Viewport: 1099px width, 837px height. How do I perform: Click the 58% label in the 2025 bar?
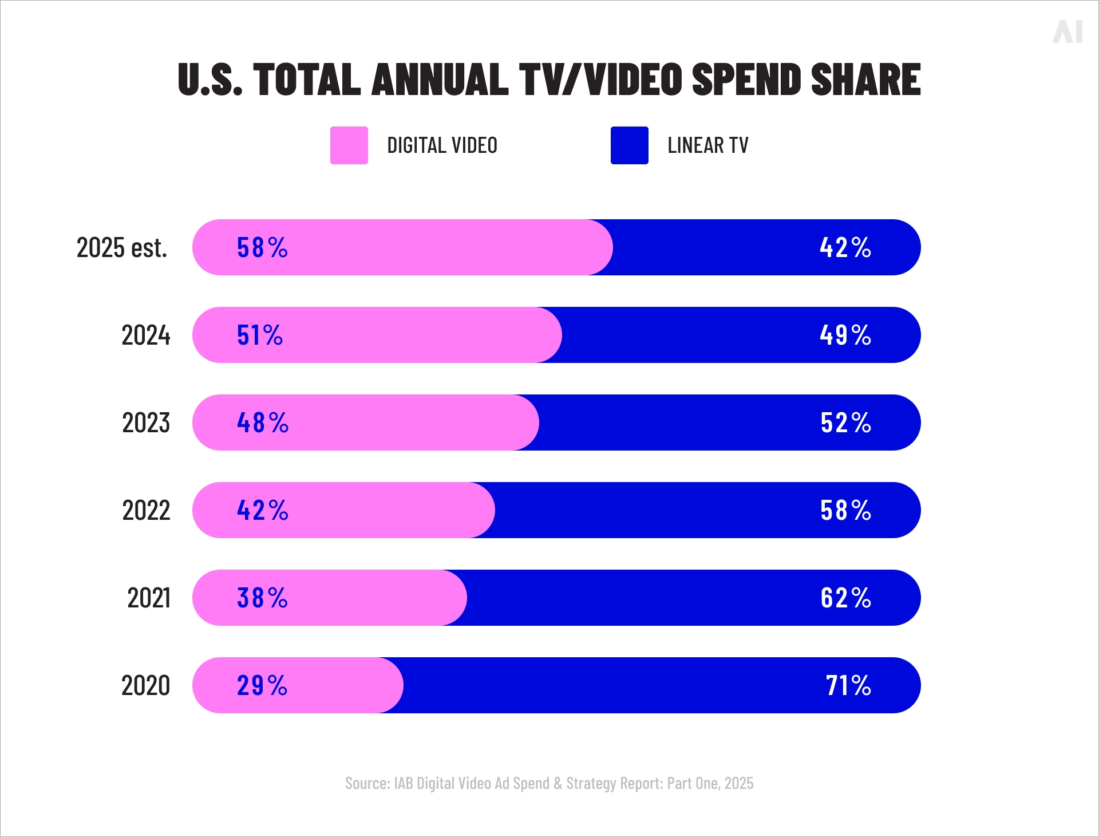(x=262, y=248)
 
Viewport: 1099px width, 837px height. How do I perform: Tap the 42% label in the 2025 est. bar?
(x=845, y=248)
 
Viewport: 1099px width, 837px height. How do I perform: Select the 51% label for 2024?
(x=260, y=335)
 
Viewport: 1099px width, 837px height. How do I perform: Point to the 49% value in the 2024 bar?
(x=845, y=335)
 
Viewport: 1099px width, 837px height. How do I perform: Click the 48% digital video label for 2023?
(x=262, y=423)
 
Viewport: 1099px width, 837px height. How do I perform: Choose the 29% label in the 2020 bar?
(x=262, y=686)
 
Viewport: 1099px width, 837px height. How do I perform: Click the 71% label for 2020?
(x=848, y=686)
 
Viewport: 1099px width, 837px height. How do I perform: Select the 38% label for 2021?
(x=262, y=598)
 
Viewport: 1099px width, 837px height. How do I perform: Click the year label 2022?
(x=146, y=511)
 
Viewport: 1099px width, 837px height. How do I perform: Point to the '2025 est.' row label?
(x=122, y=248)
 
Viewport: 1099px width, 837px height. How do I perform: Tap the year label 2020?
(x=146, y=686)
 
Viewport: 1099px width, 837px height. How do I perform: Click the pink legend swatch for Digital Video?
(x=349, y=145)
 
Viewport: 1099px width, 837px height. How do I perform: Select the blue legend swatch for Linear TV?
(x=629, y=145)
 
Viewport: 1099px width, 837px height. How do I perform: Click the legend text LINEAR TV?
(x=707, y=145)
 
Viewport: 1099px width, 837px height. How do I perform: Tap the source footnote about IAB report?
(x=549, y=783)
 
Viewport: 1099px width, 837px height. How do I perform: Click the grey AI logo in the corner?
(x=1068, y=31)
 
